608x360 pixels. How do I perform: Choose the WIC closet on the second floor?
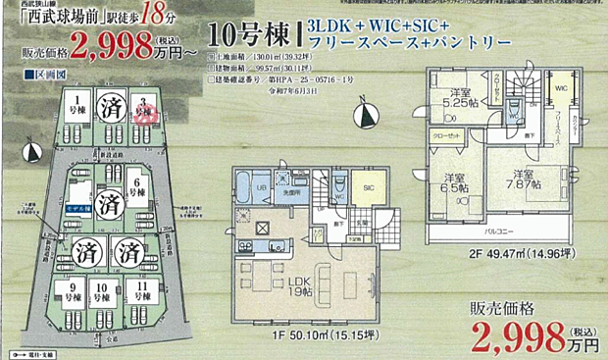coord(560,90)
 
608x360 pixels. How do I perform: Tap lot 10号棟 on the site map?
coord(106,291)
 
